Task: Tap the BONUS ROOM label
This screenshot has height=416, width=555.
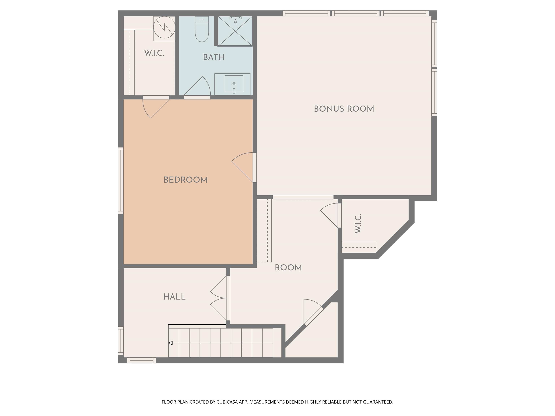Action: point(344,109)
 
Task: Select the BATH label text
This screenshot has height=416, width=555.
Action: point(214,57)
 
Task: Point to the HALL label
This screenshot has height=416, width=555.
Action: point(174,297)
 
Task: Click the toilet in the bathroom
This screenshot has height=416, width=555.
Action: point(202,29)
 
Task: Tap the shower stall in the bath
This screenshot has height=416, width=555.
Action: point(235,31)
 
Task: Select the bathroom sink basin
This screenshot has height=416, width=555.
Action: point(234,84)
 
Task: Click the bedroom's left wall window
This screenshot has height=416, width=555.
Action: point(121,181)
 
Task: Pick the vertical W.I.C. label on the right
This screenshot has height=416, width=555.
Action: point(358,223)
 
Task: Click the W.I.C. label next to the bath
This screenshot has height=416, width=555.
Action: point(154,53)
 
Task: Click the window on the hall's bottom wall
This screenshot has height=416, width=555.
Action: point(141,360)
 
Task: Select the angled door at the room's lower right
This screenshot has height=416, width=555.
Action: point(313,312)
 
